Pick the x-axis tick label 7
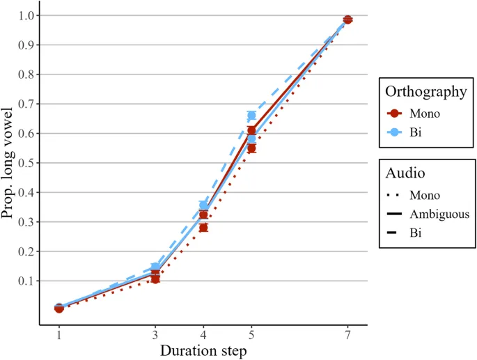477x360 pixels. coord(347,334)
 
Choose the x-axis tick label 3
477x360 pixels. coord(155,334)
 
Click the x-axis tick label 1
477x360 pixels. coord(59,334)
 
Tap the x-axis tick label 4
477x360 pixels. coord(203,334)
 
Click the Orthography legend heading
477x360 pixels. coord(425,91)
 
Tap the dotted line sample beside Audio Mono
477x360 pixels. coord(396,196)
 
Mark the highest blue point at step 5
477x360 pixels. coord(251,115)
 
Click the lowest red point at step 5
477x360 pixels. coord(251,148)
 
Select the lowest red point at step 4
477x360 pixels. coord(203,227)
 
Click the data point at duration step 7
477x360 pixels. coord(347,19)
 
